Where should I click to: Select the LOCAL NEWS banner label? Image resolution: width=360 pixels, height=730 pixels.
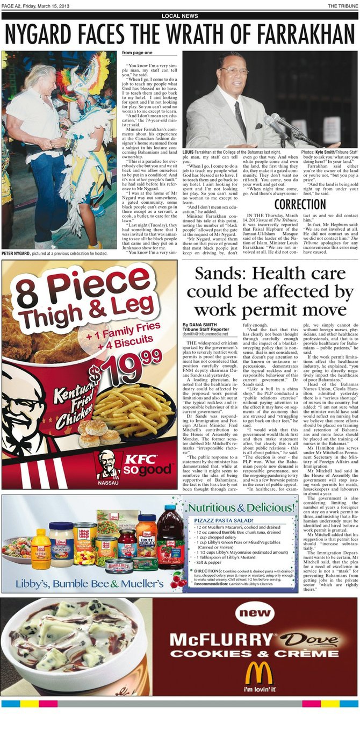pos(179,16)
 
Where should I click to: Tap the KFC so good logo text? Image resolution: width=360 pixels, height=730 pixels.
pos(141,465)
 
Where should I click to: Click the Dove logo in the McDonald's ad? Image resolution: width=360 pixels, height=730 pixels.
pos(311,640)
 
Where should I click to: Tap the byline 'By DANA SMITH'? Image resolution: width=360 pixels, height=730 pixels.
pos(197,325)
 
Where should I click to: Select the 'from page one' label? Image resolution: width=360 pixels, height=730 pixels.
pos(137,53)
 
